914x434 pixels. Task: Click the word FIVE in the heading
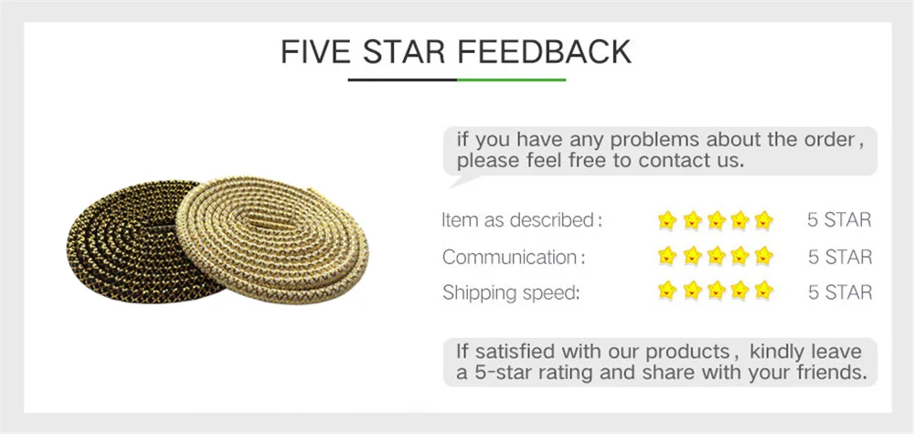coord(314,52)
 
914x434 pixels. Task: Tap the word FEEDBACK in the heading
coord(544,52)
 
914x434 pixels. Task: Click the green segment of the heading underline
coord(511,79)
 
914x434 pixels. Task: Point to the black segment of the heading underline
coord(402,79)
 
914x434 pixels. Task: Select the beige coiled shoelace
coord(272,238)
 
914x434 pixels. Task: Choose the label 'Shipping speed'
coord(511,292)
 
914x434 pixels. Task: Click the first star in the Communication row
coord(667,256)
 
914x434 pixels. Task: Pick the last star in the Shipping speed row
coord(763,290)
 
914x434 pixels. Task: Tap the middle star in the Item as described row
coord(716,220)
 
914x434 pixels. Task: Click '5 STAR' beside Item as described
coord(839,220)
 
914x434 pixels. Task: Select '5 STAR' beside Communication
coord(840,257)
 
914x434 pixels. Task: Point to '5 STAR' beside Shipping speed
coord(840,292)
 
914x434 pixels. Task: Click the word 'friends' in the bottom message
coord(828,372)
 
